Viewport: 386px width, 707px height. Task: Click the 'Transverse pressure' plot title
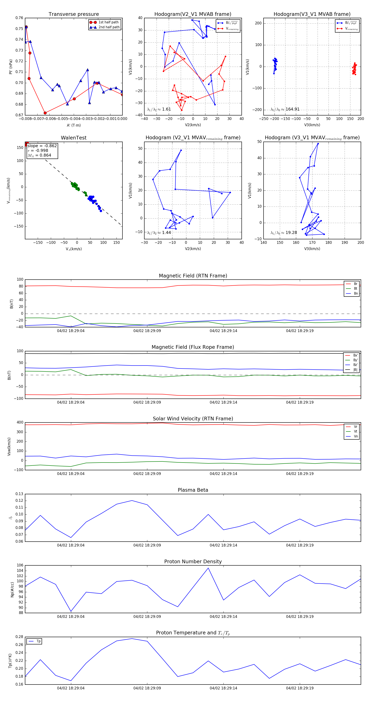[x=74, y=14]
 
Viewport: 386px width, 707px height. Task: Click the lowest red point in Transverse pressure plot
[x=45, y=113]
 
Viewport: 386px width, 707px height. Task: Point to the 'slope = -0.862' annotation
[x=42, y=146]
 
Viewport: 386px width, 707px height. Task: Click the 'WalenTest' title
[x=74, y=138]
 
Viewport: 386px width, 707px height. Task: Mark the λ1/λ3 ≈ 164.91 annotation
[x=285, y=109]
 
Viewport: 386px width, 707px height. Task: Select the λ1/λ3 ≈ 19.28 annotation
[x=284, y=233]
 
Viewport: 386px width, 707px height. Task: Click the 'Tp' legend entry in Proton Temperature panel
[x=38, y=641]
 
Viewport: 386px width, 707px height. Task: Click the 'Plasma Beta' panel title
[x=193, y=490]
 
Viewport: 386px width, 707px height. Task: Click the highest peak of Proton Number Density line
[x=208, y=568]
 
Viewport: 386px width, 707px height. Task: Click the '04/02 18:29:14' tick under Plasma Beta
[x=223, y=545]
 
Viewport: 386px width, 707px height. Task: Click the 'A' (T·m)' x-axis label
[x=74, y=125]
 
